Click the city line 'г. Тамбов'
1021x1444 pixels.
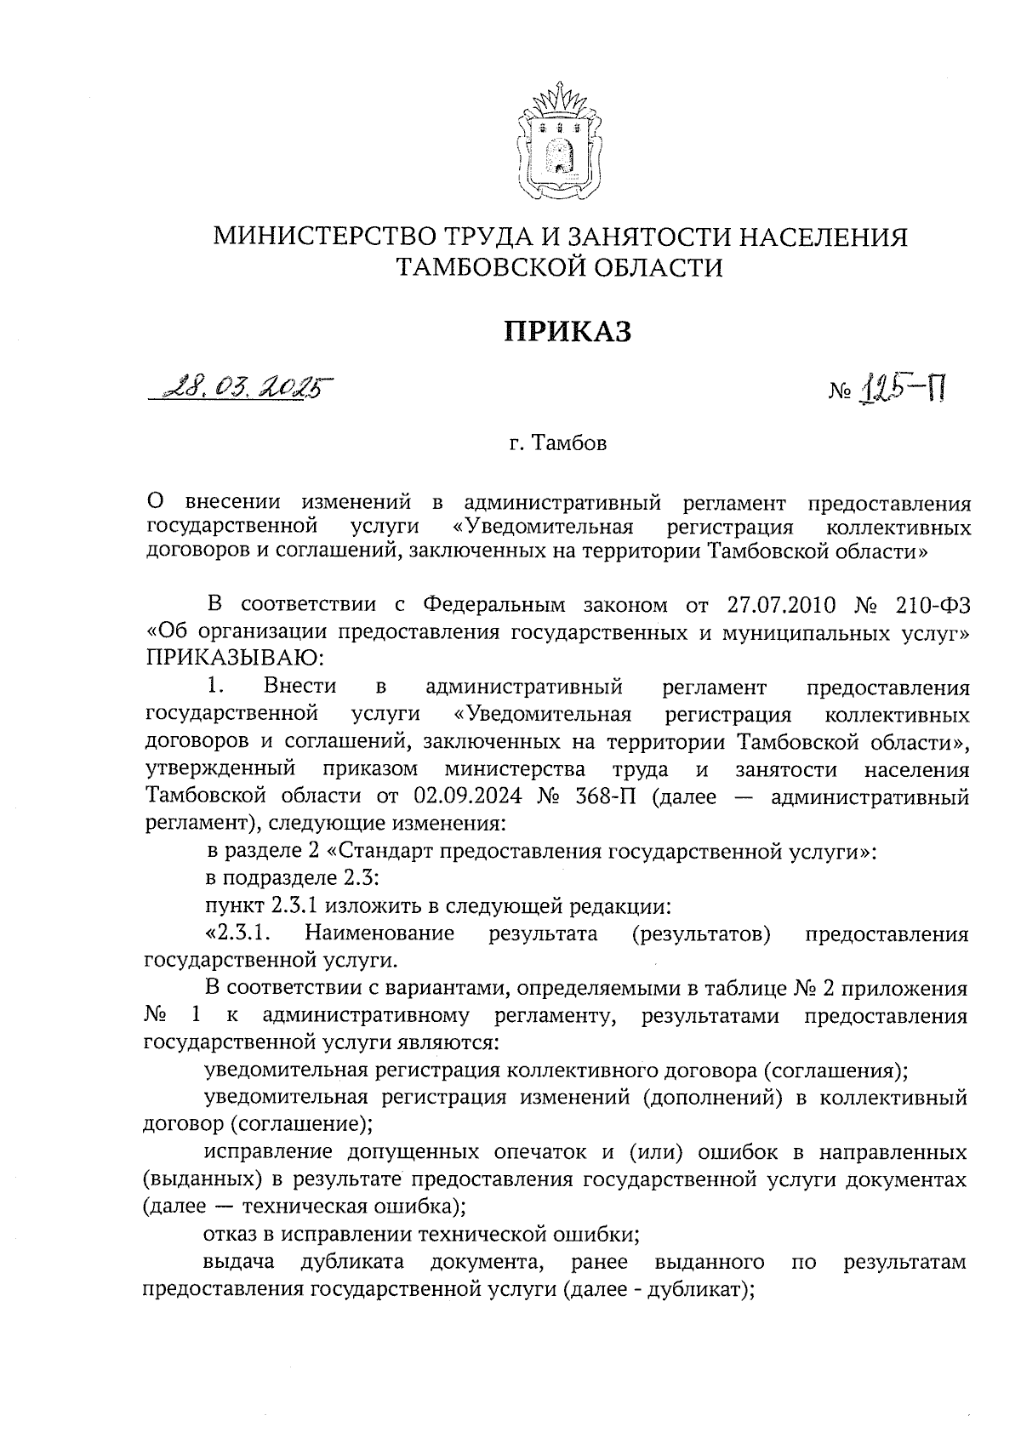pos(558,444)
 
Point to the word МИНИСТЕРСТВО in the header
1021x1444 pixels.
pos(321,236)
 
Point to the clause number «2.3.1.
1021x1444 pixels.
pos(237,933)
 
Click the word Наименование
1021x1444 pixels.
pos(379,933)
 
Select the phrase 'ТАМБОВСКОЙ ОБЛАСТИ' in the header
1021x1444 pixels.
pos(560,268)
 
